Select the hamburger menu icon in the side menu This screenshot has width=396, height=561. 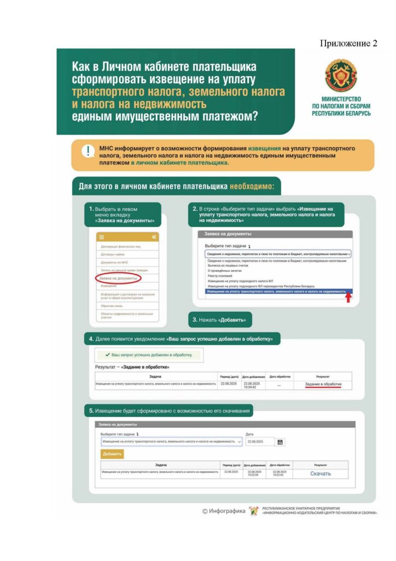click(101, 237)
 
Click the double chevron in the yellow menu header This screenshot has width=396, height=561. click(154, 237)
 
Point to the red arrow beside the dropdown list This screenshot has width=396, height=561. click(348, 297)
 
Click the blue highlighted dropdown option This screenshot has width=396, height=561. click(276, 292)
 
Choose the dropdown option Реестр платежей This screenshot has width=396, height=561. click(217, 276)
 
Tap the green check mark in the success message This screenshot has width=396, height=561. click(107, 355)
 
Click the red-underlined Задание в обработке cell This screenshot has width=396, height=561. click(323, 384)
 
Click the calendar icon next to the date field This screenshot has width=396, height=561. click(280, 442)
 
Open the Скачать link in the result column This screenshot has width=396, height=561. click(321, 473)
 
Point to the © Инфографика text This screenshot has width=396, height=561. click(224, 511)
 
